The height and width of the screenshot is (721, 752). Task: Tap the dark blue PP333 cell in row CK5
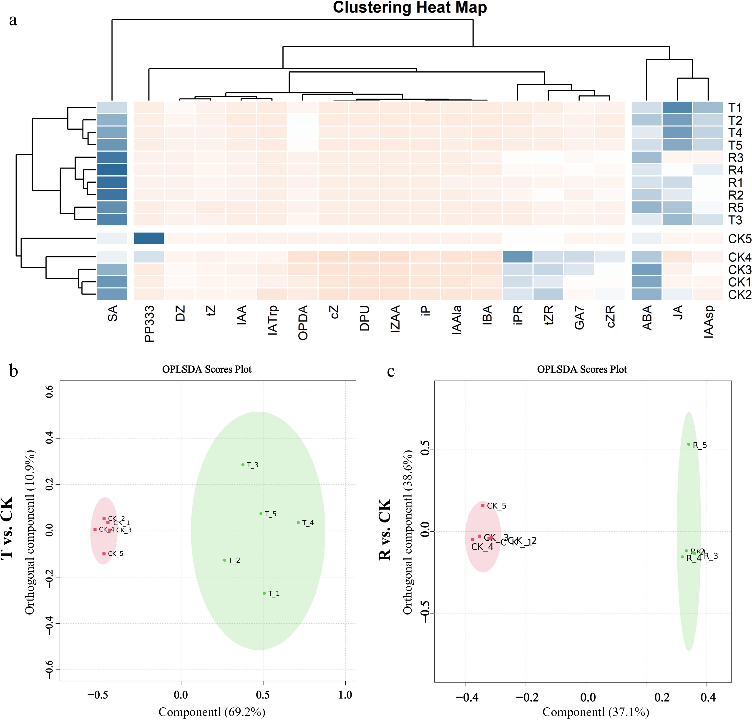coord(149,238)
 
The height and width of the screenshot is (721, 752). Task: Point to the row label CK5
coord(739,239)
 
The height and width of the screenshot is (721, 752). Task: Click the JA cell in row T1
coord(677,108)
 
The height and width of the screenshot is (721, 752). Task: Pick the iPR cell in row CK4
coord(517,257)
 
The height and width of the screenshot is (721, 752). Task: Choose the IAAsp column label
coord(708,322)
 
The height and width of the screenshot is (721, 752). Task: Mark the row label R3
coord(735,158)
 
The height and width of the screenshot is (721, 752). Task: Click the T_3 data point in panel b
coord(243,465)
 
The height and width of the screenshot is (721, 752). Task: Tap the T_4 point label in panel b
coord(308,523)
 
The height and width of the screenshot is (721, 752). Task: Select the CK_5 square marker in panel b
coord(104,554)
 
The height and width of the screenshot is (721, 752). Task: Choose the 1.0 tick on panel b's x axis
coord(345,695)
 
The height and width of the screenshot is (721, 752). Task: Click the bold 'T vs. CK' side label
coord(8,528)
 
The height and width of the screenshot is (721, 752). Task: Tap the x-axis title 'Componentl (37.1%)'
coord(596,712)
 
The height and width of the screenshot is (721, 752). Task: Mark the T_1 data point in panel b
coord(264,593)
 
